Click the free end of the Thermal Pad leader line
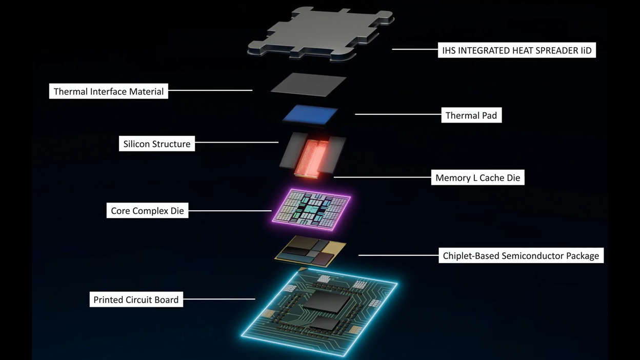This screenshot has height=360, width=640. (355, 114)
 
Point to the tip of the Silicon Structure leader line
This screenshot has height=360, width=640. (278, 142)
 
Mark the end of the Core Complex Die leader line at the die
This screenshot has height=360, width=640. (271, 211)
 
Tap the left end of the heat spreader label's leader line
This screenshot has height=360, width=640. (392, 49)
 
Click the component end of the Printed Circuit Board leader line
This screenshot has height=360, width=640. (255, 299)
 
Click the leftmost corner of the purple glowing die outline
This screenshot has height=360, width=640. (272, 221)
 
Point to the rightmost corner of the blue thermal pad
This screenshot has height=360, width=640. (338, 109)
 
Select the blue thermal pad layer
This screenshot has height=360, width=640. (310, 115)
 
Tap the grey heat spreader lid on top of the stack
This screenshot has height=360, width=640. (321, 33)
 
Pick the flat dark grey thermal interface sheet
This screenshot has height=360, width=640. (309, 85)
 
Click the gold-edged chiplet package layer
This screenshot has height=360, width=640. (310, 252)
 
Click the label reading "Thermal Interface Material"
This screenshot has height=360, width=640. (109, 91)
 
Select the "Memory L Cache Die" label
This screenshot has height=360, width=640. (478, 177)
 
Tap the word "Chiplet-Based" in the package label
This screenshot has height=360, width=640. (471, 256)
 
